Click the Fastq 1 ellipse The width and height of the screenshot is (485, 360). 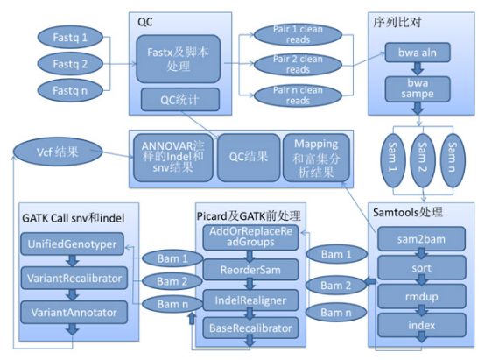(70, 38)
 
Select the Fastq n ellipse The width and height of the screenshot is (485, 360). (70, 91)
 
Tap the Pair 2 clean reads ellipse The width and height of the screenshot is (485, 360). (298, 65)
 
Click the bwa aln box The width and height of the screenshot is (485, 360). (418, 53)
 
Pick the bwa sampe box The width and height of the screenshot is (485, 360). (418, 88)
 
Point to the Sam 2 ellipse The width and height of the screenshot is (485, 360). (423, 160)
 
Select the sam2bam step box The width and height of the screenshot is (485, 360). (422, 239)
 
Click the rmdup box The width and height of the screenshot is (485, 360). (422, 297)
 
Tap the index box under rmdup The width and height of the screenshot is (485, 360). (422, 325)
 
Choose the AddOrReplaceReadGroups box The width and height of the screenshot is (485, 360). (250, 237)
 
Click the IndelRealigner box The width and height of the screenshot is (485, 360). (250, 300)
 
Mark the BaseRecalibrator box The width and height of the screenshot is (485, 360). (250, 328)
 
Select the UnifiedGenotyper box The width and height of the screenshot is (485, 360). (73, 244)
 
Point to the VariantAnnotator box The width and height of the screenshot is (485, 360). (74, 313)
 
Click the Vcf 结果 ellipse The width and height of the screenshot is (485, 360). (58, 152)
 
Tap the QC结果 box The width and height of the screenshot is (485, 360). (249, 158)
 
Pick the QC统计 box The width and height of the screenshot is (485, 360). (180, 100)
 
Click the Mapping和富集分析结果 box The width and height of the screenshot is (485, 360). (316, 158)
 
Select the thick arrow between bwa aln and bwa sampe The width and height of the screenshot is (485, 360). (418, 68)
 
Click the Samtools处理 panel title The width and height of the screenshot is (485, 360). (408, 212)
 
